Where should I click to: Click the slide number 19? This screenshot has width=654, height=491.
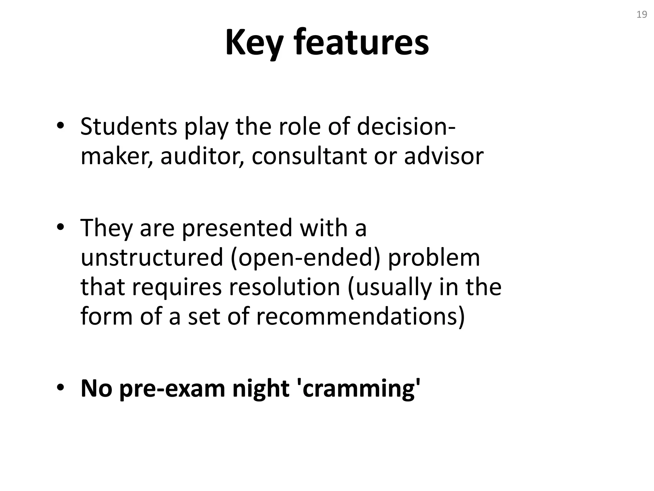pos(642,15)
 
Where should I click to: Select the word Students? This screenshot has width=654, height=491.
pos(128,127)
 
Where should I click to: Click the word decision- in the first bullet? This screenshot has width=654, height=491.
pos(406,127)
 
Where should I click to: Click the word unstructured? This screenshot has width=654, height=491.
pos(152,258)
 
